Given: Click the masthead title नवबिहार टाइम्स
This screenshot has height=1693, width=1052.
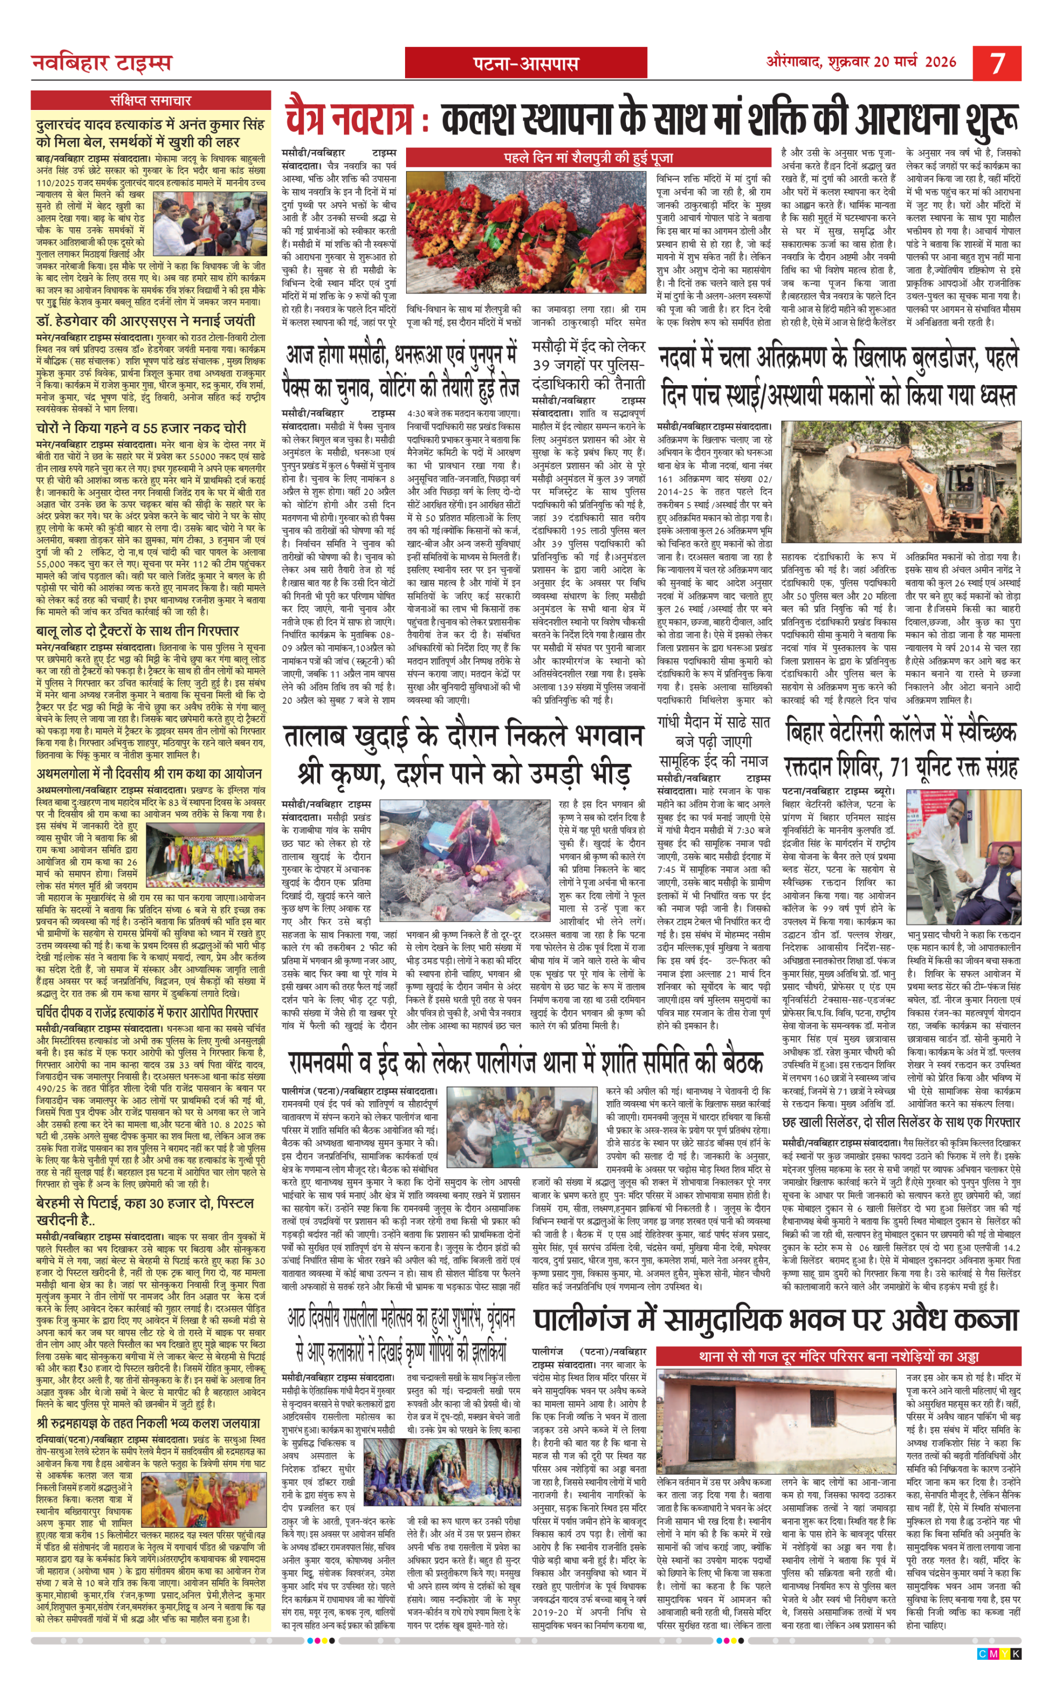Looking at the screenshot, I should click(102, 63).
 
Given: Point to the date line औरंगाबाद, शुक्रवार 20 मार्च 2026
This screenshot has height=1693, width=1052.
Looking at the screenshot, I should click(862, 62).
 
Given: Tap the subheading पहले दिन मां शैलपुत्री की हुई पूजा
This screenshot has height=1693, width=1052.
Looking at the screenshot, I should click(588, 158).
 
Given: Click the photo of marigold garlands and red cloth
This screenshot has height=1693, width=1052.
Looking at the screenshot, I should click(525, 233).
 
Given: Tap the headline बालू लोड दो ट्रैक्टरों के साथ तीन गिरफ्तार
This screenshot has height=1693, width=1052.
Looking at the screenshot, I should click(137, 630).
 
